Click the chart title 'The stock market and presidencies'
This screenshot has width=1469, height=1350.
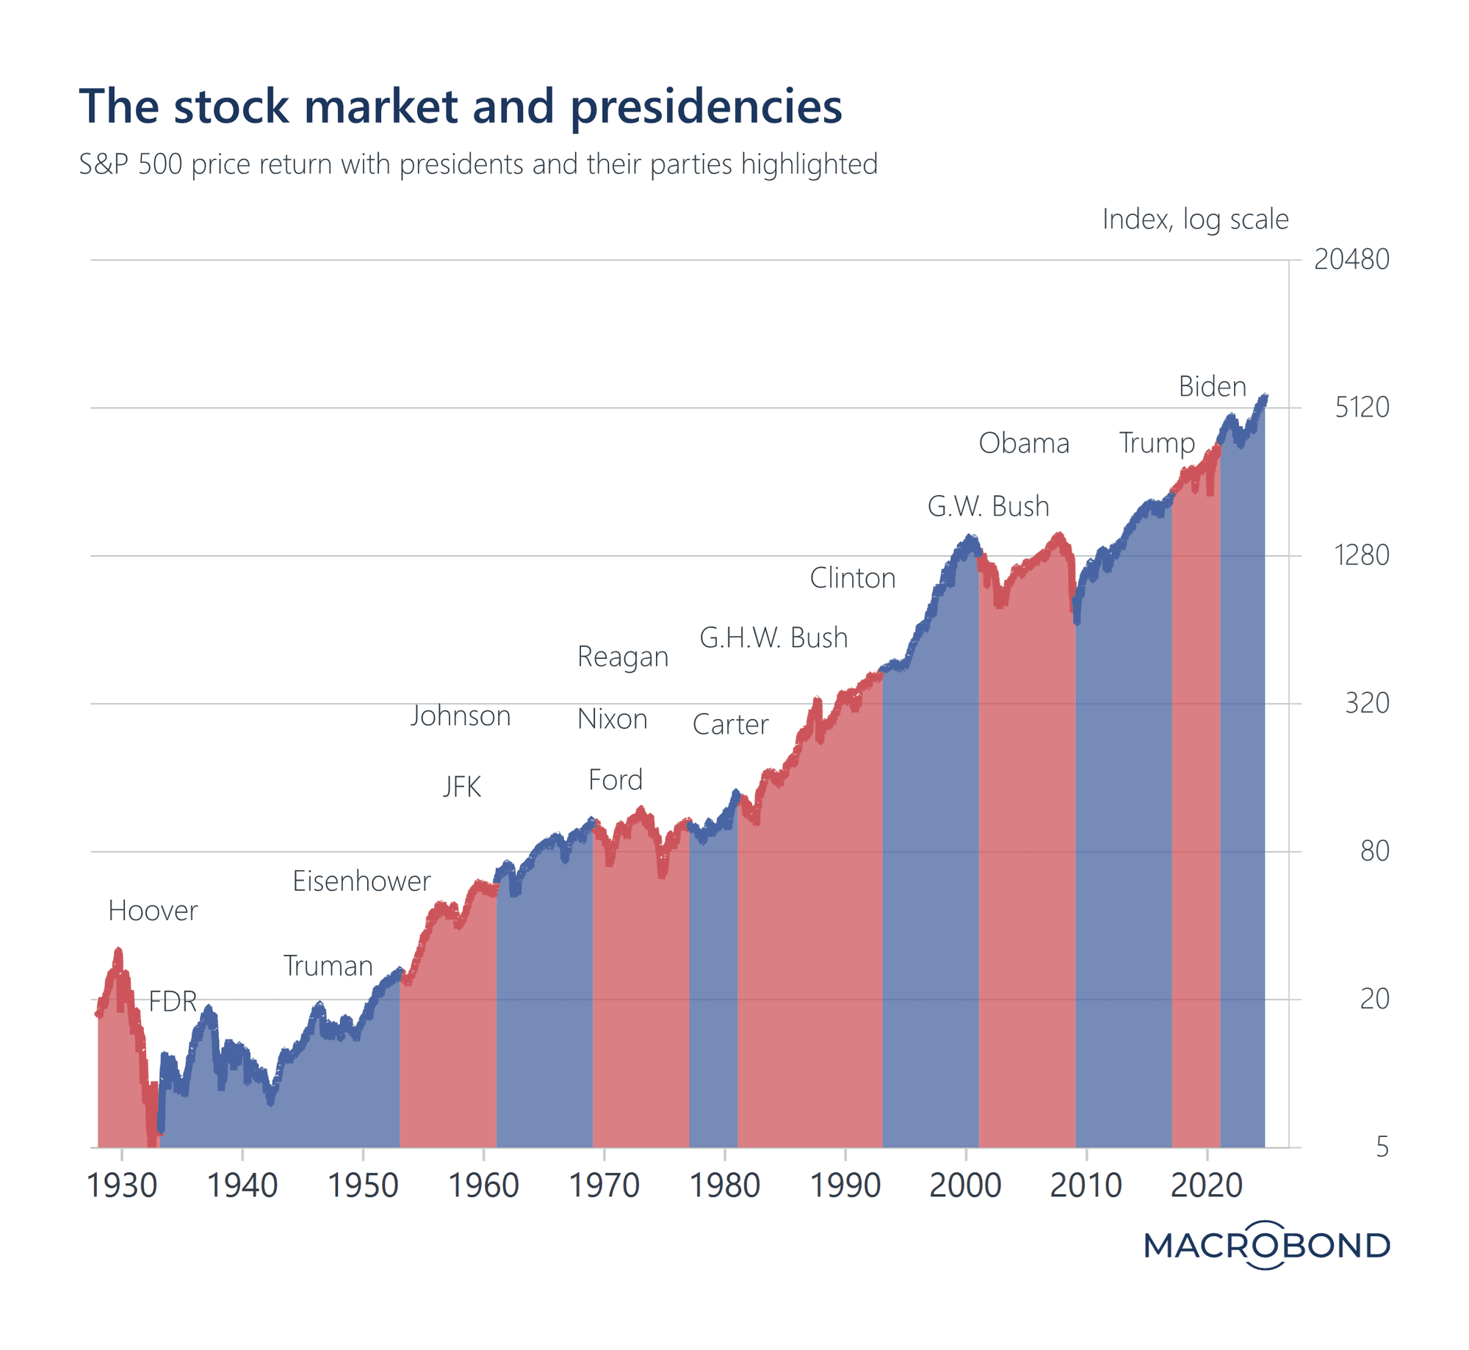click(x=461, y=107)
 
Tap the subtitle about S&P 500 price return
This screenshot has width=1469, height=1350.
click(x=478, y=164)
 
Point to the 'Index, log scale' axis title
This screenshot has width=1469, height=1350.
click(x=1195, y=219)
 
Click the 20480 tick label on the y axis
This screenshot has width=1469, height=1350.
click(x=1351, y=259)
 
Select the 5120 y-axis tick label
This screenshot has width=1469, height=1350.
click(x=1361, y=407)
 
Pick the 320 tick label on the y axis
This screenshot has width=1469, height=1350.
click(x=1366, y=703)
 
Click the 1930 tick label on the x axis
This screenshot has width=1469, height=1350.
click(x=122, y=1185)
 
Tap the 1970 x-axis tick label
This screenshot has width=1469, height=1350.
click(x=604, y=1185)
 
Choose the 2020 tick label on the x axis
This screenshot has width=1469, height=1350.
click(x=1206, y=1185)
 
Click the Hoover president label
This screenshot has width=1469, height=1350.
click(x=153, y=911)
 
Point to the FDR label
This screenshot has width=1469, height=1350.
click(x=173, y=1001)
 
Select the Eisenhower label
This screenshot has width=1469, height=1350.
click(x=361, y=881)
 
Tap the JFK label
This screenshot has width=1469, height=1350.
click(x=462, y=787)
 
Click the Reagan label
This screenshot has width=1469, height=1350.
click(x=623, y=656)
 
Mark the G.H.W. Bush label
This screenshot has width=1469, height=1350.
click(x=773, y=638)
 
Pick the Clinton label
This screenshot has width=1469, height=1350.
click(x=852, y=578)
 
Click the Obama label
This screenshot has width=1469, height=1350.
click(x=1024, y=443)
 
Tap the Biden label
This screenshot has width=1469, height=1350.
click(x=1212, y=386)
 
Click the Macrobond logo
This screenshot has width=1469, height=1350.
click(x=1266, y=1245)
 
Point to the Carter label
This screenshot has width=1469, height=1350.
click(x=730, y=724)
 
